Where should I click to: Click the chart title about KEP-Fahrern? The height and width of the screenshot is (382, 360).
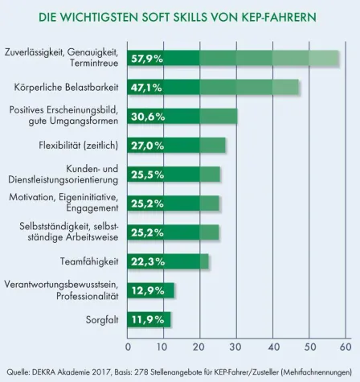[x=180, y=15]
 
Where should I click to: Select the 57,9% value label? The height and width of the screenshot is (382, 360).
[x=148, y=58]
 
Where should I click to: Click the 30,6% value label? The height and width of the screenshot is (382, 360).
[x=148, y=116]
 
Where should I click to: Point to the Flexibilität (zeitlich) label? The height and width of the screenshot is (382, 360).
[x=81, y=146]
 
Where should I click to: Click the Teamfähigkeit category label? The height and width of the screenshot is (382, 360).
[x=90, y=261]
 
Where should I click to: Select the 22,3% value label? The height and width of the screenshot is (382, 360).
[x=148, y=261]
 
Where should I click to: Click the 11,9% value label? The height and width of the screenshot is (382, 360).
[x=148, y=319]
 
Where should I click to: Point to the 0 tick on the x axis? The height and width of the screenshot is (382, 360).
[x=129, y=347]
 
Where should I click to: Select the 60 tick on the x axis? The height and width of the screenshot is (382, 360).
[x=346, y=347]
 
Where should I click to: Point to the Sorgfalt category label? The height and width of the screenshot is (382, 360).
[x=102, y=319]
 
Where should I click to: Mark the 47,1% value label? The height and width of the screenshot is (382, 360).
[x=148, y=87]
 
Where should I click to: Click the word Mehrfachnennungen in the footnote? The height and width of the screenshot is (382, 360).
[x=321, y=372]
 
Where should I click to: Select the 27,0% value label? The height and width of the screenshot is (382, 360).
[x=148, y=146]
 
